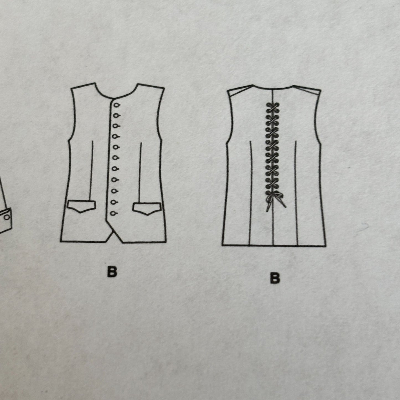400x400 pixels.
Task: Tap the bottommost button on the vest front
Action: click(x=113, y=213)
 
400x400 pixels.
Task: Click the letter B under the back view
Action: click(x=275, y=278)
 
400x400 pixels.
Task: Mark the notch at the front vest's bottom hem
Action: click(x=113, y=233)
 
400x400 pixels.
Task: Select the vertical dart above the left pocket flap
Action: click(x=91, y=171)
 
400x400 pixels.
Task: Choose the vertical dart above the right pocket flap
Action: click(x=140, y=172)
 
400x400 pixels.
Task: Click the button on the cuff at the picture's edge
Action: click(x=7, y=217)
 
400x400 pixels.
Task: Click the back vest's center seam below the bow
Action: click(x=273, y=228)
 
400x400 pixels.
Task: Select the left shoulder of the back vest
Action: click(x=240, y=88)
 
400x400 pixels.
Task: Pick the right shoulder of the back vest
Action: click(x=307, y=88)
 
